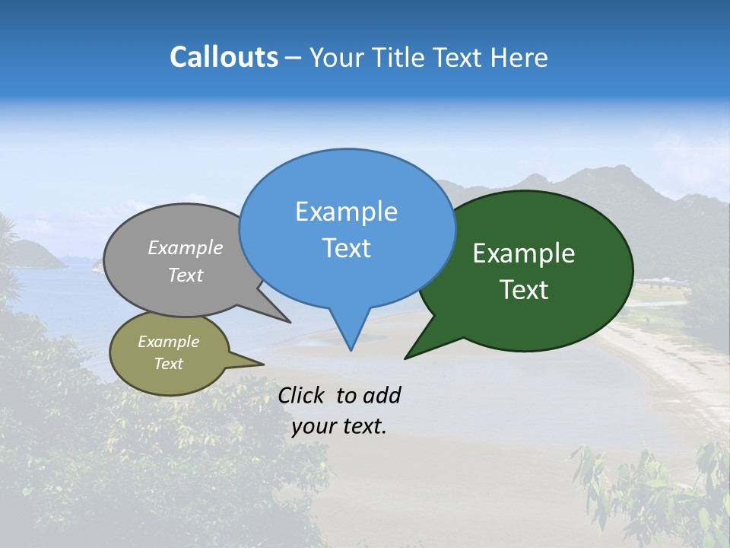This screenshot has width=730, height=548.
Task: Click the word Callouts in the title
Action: pyautogui.click(x=224, y=57)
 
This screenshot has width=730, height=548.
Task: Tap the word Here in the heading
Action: pyautogui.click(x=519, y=57)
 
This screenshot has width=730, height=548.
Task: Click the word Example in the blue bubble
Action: pyautogui.click(x=346, y=212)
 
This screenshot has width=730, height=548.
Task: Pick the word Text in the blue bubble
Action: pyautogui.click(x=346, y=247)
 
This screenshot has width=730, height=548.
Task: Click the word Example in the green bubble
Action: pyautogui.click(x=524, y=253)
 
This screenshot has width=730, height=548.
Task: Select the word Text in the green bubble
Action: pyautogui.click(x=524, y=290)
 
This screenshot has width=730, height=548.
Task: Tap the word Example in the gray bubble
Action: pyautogui.click(x=186, y=247)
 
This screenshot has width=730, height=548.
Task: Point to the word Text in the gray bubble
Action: pyautogui.click(x=186, y=275)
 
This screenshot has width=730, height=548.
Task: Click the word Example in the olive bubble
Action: pyautogui.click(x=168, y=342)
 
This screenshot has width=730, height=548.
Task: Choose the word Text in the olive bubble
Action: pyautogui.click(x=168, y=364)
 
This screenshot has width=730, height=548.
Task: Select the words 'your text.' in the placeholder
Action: pyautogui.click(x=339, y=426)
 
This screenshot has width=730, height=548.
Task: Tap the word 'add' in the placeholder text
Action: pyautogui.click(x=382, y=395)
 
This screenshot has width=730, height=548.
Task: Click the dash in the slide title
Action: pyautogui.click(x=294, y=58)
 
